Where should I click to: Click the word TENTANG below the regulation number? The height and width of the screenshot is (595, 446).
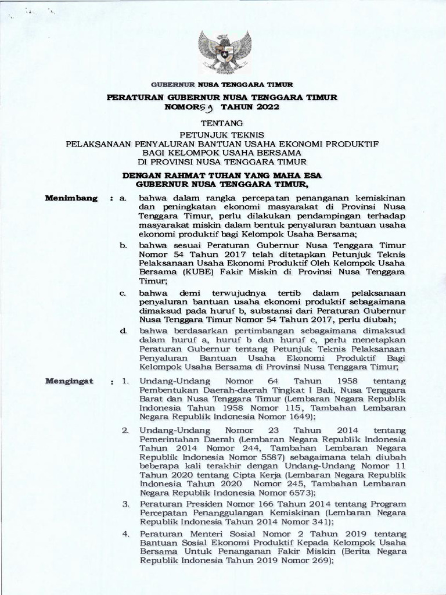223,123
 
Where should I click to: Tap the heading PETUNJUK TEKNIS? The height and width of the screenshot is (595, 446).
223,134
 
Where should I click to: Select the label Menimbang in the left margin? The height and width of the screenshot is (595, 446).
72,198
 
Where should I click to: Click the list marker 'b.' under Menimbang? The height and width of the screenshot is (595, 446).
123,246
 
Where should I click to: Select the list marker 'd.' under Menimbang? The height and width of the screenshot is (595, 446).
123,330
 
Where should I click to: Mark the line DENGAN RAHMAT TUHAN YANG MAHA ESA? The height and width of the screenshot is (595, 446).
224,175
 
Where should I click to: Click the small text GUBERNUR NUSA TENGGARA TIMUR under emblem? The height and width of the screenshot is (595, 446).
224,85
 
